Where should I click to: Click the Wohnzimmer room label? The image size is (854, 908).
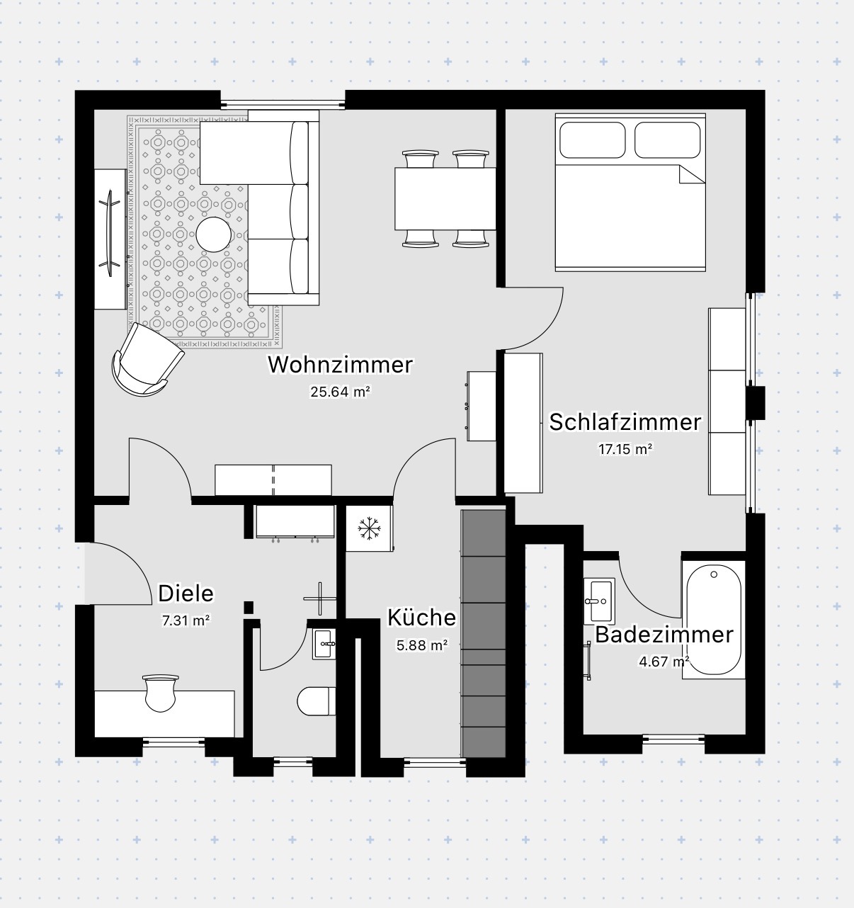[340, 365]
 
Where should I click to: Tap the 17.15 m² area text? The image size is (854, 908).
[625, 450]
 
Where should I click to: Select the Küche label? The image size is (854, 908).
[421, 618]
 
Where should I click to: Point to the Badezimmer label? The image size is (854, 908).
[664, 635]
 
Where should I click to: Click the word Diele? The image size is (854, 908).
[186, 594]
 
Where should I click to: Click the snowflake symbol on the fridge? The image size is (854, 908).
[369, 528]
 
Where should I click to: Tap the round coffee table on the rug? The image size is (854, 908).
[214, 234]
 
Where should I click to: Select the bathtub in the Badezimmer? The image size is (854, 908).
[713, 620]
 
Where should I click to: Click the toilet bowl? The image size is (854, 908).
[316, 701]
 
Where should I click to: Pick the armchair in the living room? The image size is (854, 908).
[147, 359]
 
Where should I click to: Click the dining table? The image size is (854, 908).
[445, 199]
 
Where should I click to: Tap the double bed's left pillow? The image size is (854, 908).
[592, 140]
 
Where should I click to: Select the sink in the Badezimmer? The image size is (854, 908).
[599, 601]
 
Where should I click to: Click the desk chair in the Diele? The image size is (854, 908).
[159, 693]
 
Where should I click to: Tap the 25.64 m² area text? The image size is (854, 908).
[340, 392]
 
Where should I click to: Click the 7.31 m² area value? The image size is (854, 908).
[186, 620]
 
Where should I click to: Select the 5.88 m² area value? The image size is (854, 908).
[421, 645]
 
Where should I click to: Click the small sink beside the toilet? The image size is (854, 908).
[324, 644]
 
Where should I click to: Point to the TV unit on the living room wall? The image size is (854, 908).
[110, 239]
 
